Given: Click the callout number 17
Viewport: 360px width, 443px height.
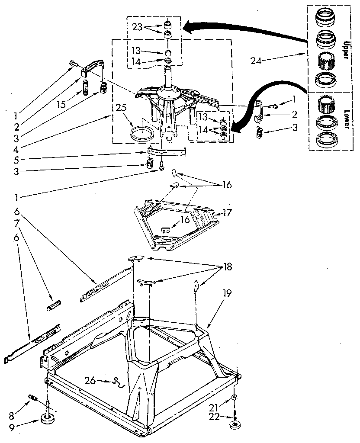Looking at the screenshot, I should click(x=228, y=213).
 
